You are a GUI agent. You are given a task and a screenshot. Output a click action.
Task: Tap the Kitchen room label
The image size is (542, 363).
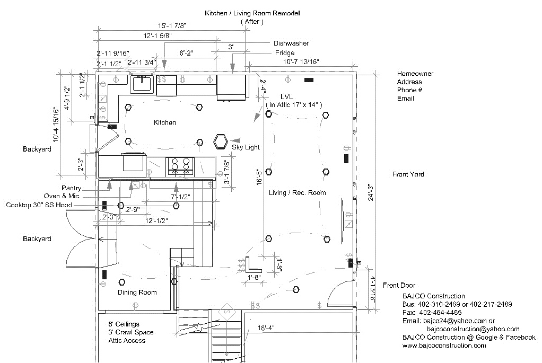coord(164,123)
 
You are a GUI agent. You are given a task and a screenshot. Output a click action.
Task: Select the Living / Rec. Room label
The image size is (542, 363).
coord(297,192)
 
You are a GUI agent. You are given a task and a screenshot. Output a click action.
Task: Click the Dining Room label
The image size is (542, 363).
coord(137,293)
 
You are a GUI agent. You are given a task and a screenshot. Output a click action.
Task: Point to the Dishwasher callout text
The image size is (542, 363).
coord(291,43)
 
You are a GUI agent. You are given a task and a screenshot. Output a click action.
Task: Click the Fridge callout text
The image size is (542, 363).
coord(284,53)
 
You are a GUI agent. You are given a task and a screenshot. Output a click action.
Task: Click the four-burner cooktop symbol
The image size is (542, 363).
coord(180,166)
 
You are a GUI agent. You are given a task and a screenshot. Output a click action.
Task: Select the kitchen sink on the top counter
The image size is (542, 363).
coord(142,84)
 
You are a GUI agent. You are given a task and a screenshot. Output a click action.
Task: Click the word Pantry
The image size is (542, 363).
coord(71,188)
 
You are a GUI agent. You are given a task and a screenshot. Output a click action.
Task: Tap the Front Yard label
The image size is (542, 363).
coord(408,174)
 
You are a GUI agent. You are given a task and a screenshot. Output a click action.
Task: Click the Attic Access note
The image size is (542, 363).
coord(127,341)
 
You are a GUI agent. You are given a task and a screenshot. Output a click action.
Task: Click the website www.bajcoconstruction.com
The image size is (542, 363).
coord(444,346)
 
